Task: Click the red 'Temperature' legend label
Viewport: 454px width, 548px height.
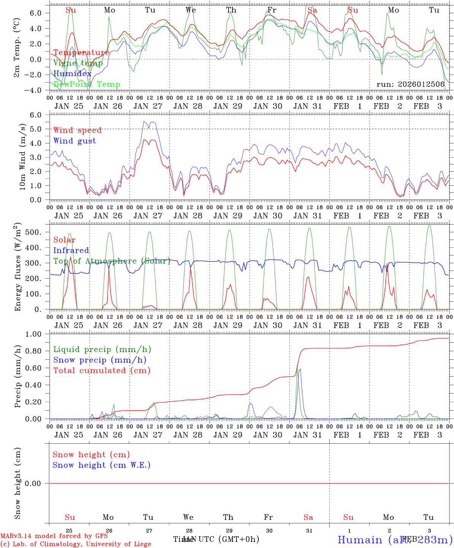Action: tap(81, 53)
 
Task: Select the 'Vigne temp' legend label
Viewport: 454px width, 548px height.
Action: tap(78, 63)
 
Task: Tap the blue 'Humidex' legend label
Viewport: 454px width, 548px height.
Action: tap(73, 73)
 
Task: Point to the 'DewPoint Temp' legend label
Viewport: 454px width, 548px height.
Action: tap(87, 84)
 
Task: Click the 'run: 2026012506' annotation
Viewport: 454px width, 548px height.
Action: tap(410, 84)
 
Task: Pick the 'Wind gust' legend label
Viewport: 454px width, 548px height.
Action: tap(75, 141)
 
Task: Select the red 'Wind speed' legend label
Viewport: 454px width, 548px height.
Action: tap(78, 130)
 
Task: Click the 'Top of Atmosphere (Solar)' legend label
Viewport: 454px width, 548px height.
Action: tap(112, 261)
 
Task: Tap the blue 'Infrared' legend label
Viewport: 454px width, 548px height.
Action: tap(71, 250)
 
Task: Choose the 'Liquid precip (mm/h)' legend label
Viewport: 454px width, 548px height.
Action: tap(102, 349)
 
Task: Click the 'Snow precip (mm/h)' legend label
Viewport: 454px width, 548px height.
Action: tap(100, 360)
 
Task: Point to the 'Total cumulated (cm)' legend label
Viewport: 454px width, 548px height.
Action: tap(102, 370)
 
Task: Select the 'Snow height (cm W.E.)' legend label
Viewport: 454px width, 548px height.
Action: tap(102, 465)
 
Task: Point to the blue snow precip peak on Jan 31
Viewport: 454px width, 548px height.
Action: tap(300, 369)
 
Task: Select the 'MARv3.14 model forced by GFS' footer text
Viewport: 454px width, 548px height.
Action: tap(54, 536)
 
